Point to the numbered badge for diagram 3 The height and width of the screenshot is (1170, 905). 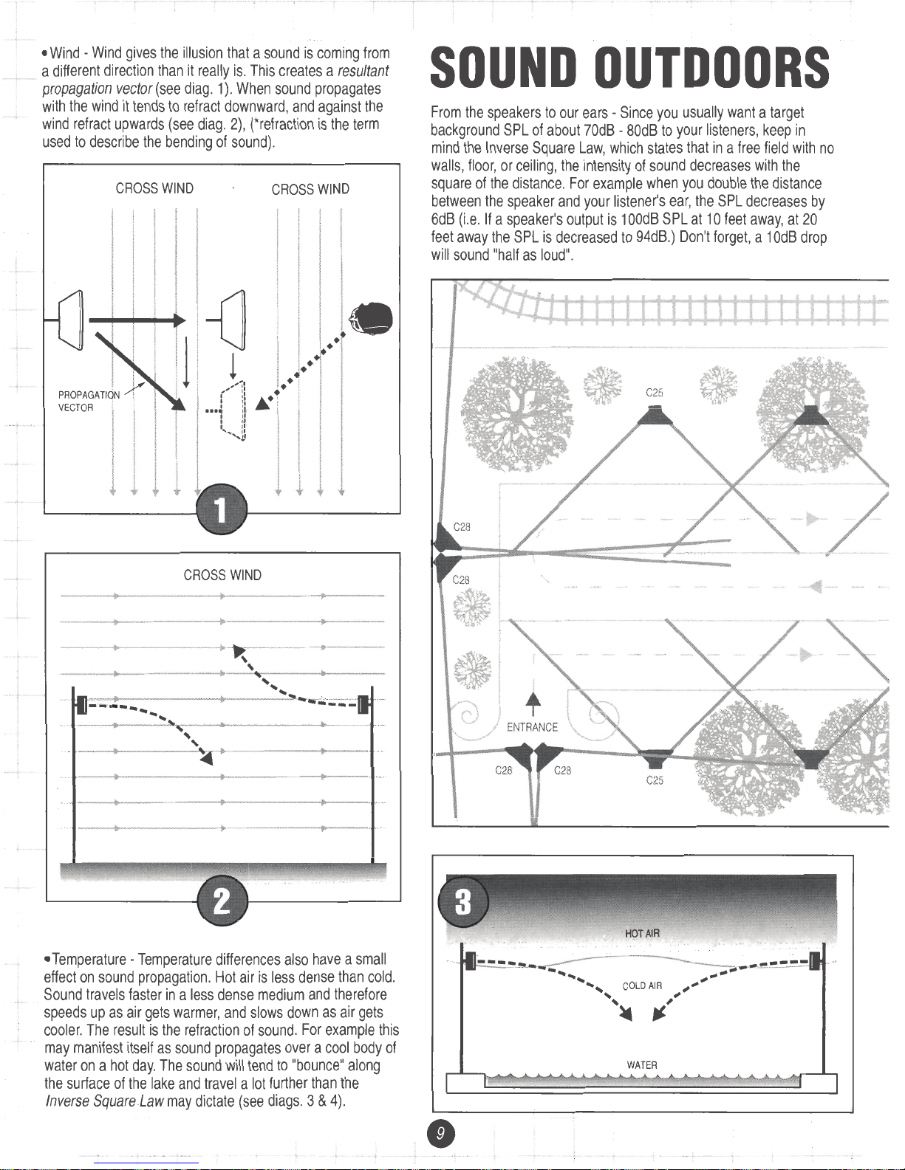[x=462, y=904]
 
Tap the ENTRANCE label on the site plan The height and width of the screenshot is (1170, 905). [x=532, y=727]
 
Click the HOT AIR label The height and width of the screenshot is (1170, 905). [x=641, y=934]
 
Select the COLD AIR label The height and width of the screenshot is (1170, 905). [x=641, y=986]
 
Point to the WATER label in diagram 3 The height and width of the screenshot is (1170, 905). [x=641, y=1065]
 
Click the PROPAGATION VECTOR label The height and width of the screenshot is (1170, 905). [x=88, y=401]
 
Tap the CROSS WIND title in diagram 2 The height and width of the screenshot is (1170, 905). [x=222, y=575]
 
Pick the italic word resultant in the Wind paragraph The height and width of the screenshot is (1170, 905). [x=363, y=71]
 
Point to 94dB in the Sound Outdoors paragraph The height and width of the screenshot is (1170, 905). [x=655, y=237]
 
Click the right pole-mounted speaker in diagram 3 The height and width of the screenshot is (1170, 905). [x=815, y=961]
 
